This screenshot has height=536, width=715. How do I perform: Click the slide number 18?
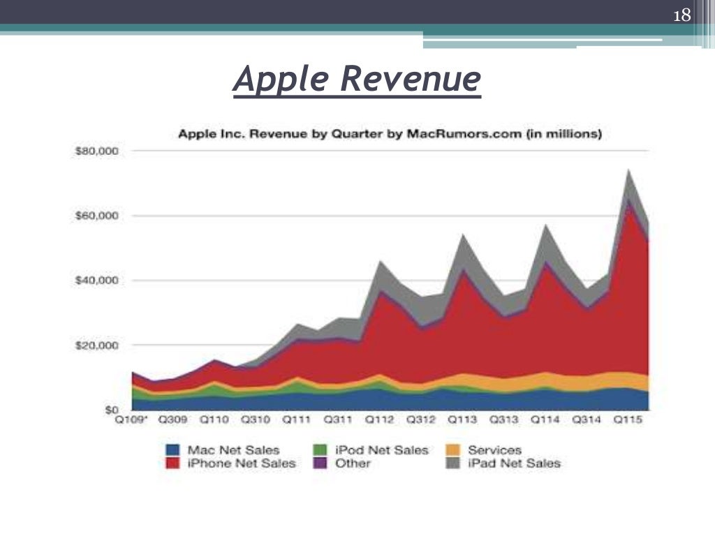(x=681, y=15)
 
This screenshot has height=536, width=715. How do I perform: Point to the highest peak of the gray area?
(x=629, y=170)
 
